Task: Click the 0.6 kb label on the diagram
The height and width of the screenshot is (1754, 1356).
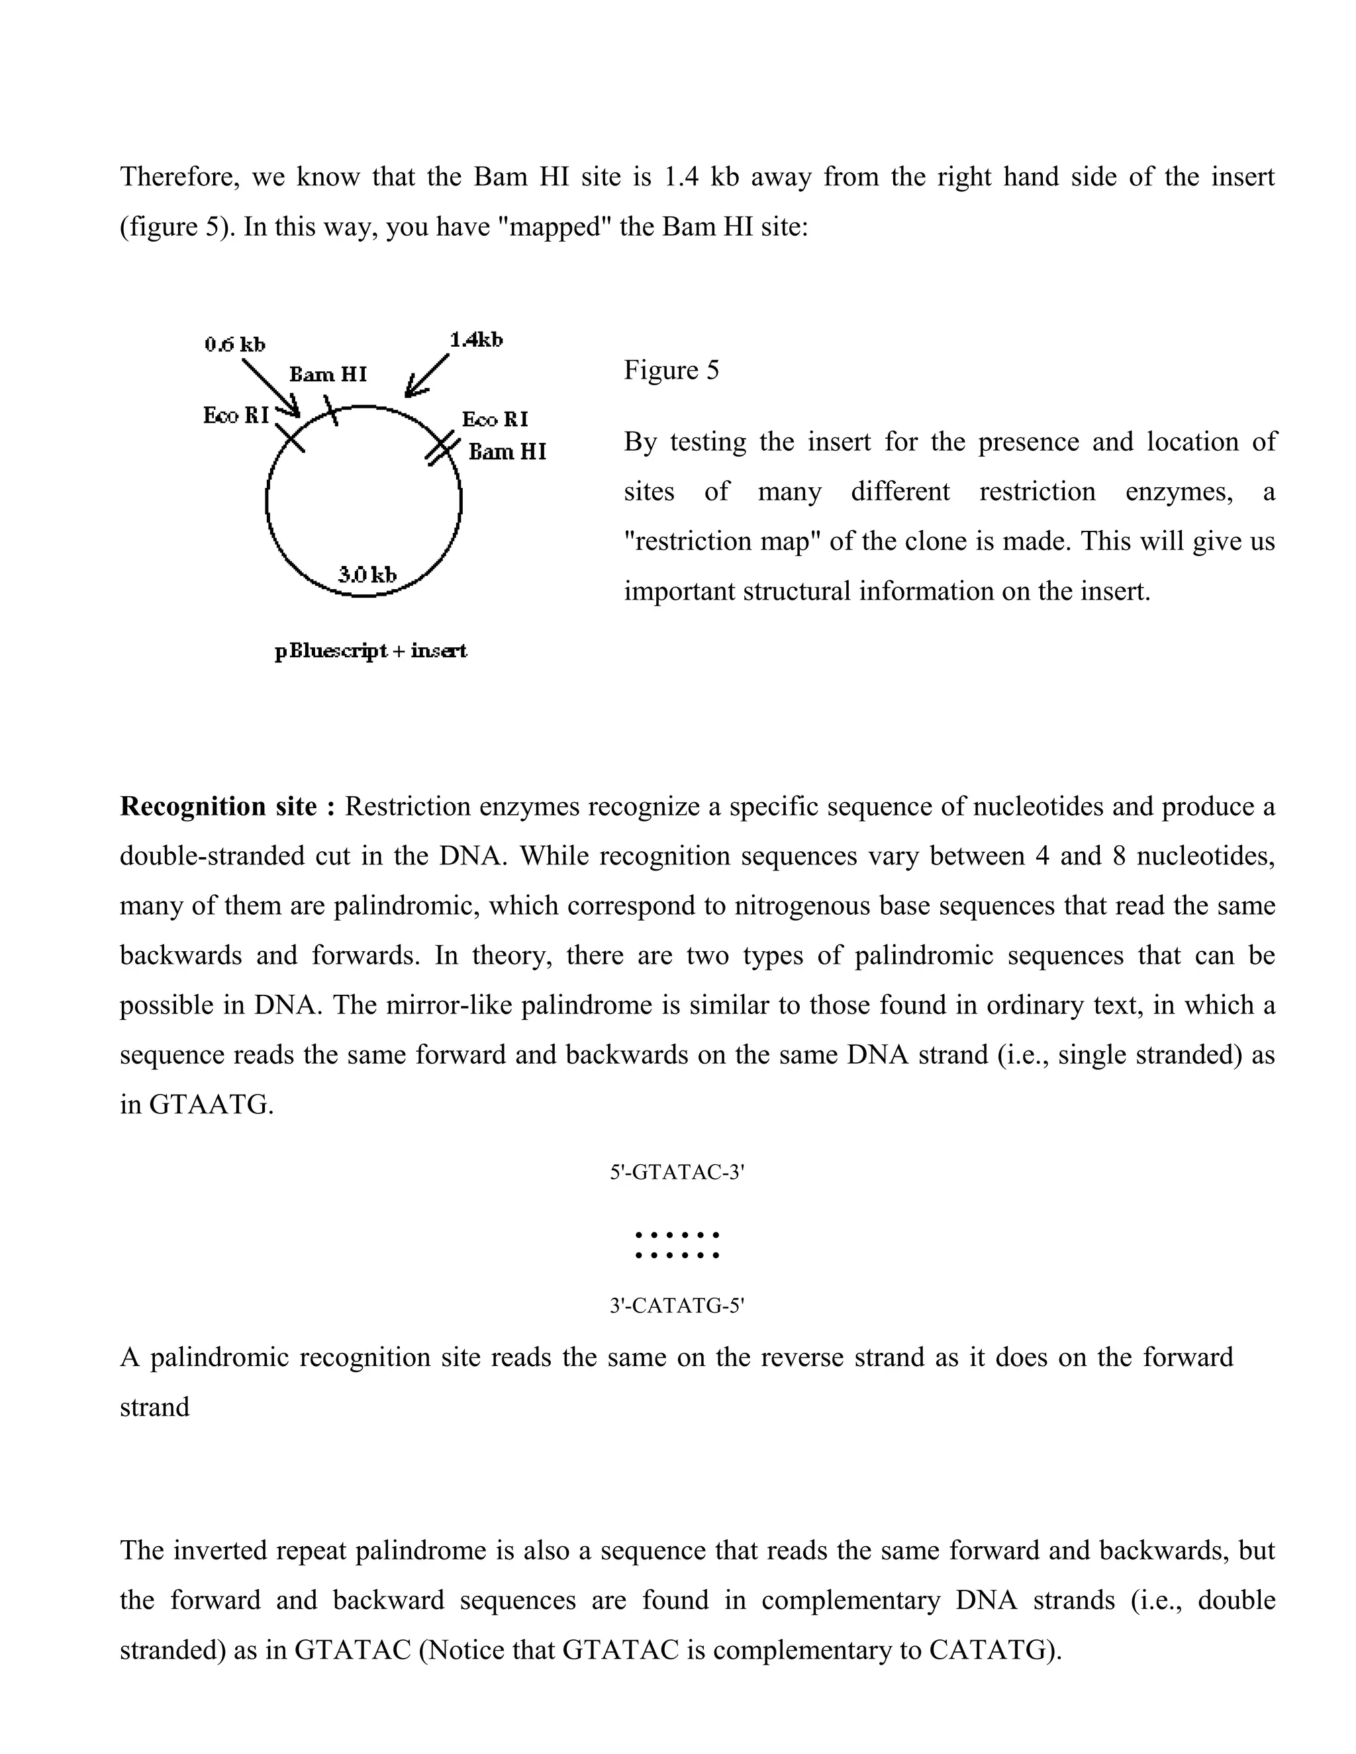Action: [234, 345]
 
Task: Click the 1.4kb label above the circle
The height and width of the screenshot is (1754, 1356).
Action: [475, 340]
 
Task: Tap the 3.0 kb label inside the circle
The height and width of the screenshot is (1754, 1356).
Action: [367, 575]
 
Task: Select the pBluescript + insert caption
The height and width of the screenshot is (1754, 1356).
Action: [370, 651]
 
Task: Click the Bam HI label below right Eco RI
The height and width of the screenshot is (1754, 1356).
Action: [507, 452]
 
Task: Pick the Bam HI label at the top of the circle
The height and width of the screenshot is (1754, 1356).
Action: [328, 374]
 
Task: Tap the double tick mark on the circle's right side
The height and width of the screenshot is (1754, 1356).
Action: [440, 449]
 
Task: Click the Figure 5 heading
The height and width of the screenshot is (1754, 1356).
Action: [671, 370]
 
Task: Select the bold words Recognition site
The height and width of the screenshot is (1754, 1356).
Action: [226, 806]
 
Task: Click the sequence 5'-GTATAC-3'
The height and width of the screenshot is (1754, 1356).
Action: [677, 1173]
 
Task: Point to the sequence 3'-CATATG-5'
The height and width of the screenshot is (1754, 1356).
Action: [677, 1306]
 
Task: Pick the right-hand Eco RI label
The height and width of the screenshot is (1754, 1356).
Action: [495, 419]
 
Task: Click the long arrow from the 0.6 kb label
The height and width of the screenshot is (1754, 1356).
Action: [271, 388]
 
